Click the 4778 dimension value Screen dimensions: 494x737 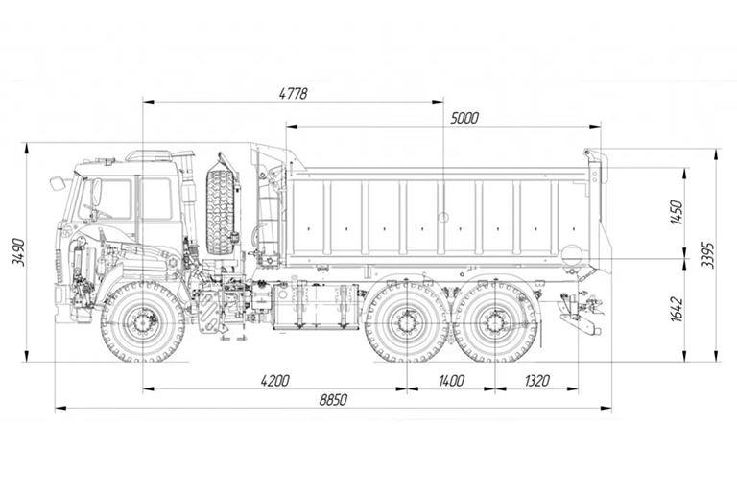point(293,93)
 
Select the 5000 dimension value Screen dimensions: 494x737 point(464,118)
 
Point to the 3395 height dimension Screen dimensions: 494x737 point(708,254)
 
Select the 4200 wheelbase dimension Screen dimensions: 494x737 point(273,381)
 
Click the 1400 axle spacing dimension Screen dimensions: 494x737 point(450,381)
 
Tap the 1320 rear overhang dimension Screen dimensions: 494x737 point(536,381)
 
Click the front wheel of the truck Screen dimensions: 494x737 point(143,321)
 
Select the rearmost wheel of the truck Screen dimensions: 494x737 point(495,321)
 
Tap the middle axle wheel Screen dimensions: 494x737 point(407,321)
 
